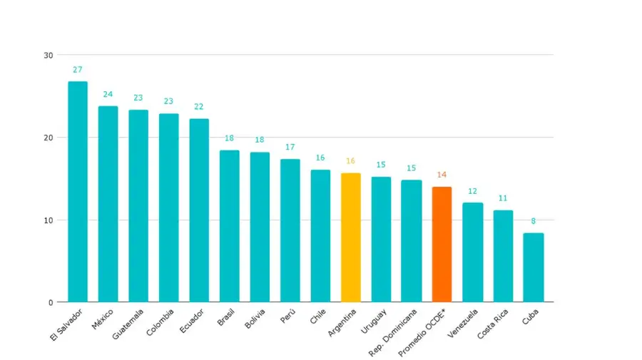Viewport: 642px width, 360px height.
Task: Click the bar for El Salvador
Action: pos(78,192)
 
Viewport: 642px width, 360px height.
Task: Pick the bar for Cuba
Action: pos(533,267)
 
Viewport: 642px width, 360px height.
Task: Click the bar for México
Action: pos(108,204)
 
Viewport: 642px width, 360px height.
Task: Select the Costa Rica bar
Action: pos(503,256)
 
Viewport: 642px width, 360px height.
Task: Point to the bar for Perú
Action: pos(290,230)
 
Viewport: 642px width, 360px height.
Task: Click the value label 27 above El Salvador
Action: pos(78,70)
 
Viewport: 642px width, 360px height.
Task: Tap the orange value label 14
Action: pos(442,175)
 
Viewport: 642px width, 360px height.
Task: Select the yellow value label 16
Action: pos(350,161)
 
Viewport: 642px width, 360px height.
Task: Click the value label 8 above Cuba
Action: pos(533,221)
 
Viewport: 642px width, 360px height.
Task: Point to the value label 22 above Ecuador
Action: pos(199,107)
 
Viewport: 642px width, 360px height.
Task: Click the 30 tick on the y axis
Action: pos(49,55)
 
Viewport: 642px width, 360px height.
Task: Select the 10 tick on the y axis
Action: pos(49,220)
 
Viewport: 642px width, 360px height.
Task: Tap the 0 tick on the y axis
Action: pos(51,302)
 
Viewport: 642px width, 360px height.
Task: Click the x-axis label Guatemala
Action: pos(128,324)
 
